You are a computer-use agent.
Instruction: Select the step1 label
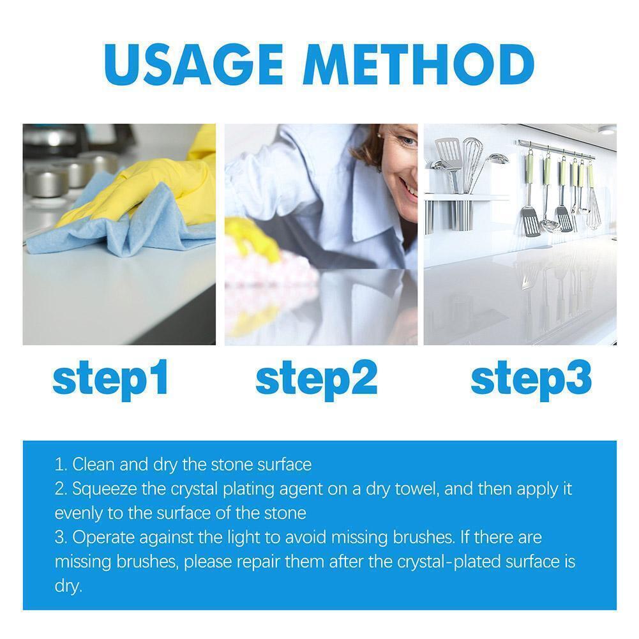point(110,378)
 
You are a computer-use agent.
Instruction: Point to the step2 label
point(316,378)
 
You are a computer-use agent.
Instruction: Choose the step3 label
point(530,378)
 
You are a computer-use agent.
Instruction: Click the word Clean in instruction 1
point(93,464)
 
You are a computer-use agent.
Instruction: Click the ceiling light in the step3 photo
point(606,130)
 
